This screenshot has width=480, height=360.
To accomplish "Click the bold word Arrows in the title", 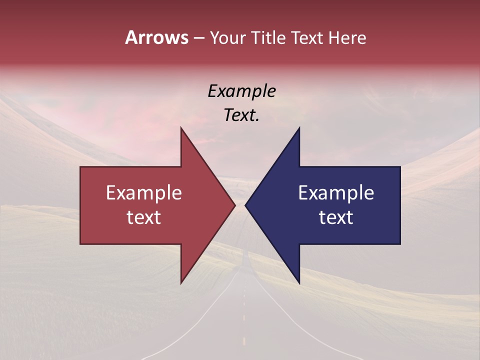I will (157, 37).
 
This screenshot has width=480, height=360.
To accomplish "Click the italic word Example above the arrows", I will (241, 91).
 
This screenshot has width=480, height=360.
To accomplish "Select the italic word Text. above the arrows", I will (241, 115).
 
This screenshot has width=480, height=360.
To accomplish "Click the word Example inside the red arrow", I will (144, 193).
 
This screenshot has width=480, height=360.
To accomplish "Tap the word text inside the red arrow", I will (144, 217).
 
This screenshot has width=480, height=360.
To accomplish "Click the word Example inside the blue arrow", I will (336, 193).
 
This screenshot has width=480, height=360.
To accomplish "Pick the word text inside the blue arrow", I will (336, 217).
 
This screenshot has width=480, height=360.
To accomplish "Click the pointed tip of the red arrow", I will (235, 205).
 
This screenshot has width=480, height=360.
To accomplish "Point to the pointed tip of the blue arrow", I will (245, 205).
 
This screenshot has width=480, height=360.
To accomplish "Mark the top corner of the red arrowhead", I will (181, 127).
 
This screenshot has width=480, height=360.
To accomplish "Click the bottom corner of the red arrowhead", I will (181, 283).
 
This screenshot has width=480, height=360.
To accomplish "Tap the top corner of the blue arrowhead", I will (299, 127).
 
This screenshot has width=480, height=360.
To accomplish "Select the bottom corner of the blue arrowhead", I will (299, 283).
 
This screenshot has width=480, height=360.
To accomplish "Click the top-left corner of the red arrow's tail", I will (80, 166).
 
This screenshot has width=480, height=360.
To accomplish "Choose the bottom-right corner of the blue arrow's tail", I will (400, 244).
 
